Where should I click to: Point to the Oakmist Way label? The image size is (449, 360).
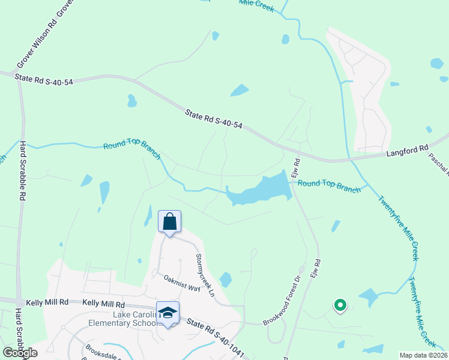pos(182,283)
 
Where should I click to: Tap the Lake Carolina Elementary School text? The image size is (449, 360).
pos(134,320)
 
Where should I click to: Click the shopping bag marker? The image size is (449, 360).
pos(169,221)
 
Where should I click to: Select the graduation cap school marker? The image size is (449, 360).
pos(168,313)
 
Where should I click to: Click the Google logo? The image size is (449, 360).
pos(20,353)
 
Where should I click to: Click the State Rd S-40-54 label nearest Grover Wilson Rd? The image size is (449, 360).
pos(44,79)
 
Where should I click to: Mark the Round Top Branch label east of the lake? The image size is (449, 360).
pos(329,186)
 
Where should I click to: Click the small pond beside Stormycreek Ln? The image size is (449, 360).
pos(225,280)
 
